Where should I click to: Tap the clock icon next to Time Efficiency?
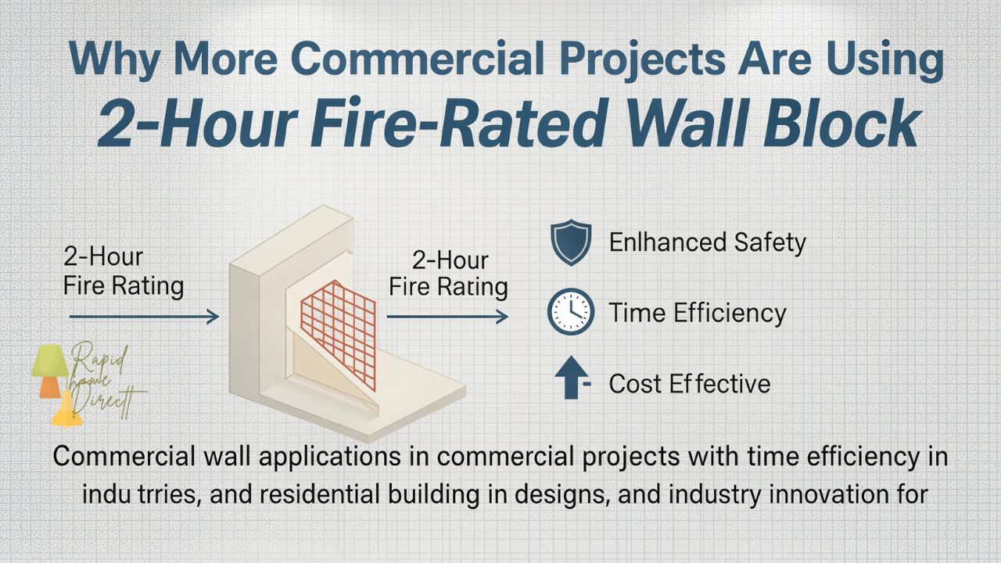click(x=570, y=313)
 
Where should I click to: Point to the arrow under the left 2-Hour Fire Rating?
click(x=144, y=316)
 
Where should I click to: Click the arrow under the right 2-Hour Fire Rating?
click(x=447, y=316)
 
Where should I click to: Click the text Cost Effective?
click(x=689, y=383)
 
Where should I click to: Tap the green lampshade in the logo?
click(x=48, y=360)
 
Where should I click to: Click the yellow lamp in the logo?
click(x=67, y=410)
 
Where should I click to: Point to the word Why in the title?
click(x=115, y=62)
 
